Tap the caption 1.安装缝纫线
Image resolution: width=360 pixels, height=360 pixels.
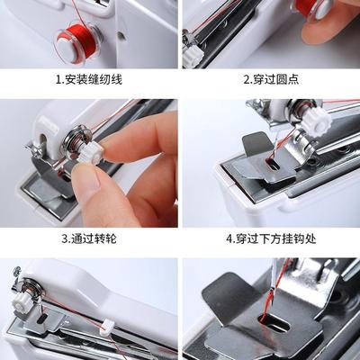(x=90, y=79)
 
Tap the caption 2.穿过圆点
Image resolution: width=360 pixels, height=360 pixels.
(x=271, y=79)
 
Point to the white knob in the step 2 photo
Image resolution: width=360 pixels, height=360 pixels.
(x=192, y=53)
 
